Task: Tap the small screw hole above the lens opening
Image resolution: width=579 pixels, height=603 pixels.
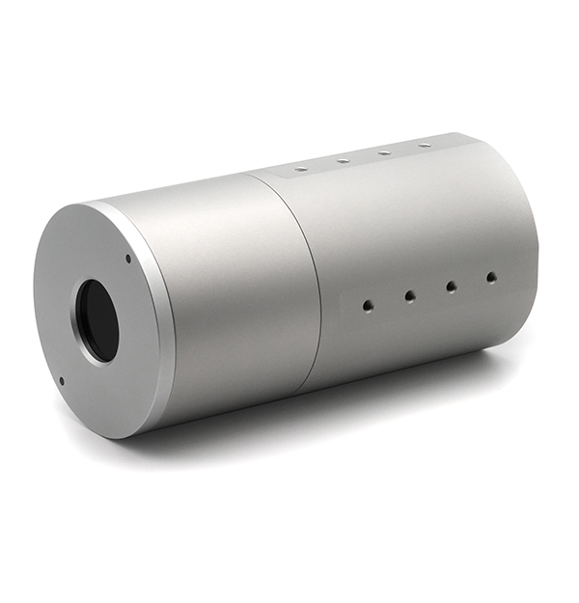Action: click(x=128, y=259)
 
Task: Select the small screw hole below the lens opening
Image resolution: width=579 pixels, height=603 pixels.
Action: click(x=62, y=380)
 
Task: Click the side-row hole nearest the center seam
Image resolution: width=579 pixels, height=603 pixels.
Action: click(x=368, y=305)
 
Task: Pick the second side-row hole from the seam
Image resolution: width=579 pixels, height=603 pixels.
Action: click(x=409, y=296)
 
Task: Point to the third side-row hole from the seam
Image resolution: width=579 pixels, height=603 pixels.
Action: click(x=451, y=287)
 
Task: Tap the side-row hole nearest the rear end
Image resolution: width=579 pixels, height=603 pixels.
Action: click(x=491, y=277)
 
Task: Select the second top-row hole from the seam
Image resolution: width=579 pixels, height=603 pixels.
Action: click(x=343, y=160)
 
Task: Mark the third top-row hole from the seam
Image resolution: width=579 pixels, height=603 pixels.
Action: click(x=384, y=152)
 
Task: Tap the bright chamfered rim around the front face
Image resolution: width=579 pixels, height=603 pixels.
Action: click(x=160, y=318)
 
